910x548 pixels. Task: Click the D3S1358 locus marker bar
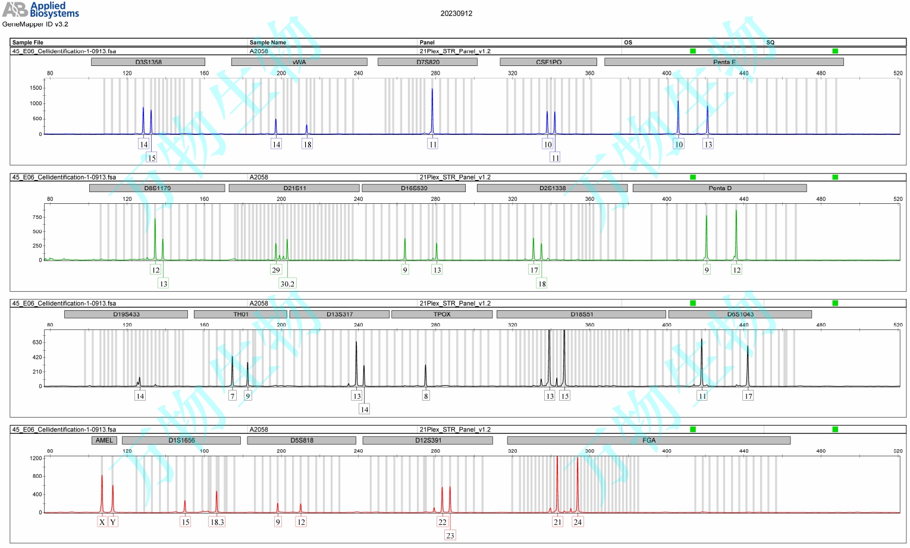pos(148,62)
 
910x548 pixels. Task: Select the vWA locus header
pos(299,62)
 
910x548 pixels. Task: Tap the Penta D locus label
pos(720,188)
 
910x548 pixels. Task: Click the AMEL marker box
pos(104,440)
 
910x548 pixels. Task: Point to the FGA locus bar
pos(648,440)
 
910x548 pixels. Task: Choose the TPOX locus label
pos(442,314)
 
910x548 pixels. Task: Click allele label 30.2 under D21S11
pos(287,284)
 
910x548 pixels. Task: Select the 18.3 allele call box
pos(217,522)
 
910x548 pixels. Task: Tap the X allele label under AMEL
pos(102,522)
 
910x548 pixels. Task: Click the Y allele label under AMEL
pos(113,522)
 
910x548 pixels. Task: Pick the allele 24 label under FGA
pos(578,522)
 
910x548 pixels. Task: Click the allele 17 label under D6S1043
pos(748,396)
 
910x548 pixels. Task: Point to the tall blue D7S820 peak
pos(432,110)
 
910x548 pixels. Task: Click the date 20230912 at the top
pos(456,13)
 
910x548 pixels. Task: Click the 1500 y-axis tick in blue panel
pos(36,88)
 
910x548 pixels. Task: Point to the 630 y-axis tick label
pos(37,342)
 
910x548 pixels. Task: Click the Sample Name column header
pos(268,42)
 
